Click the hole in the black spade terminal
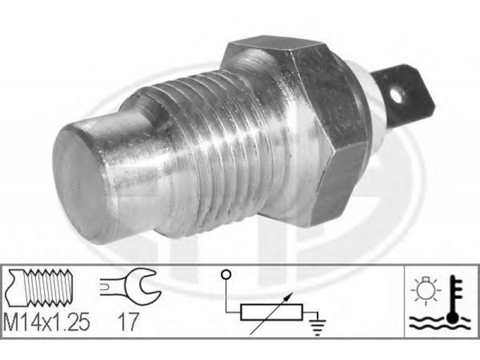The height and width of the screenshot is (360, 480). pos(398,96)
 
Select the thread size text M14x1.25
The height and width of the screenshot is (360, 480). pos(47,322)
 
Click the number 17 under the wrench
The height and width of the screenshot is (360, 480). pos(128,322)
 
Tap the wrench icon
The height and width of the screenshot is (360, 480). pos(131,287)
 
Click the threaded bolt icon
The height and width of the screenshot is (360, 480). pos(39,288)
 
